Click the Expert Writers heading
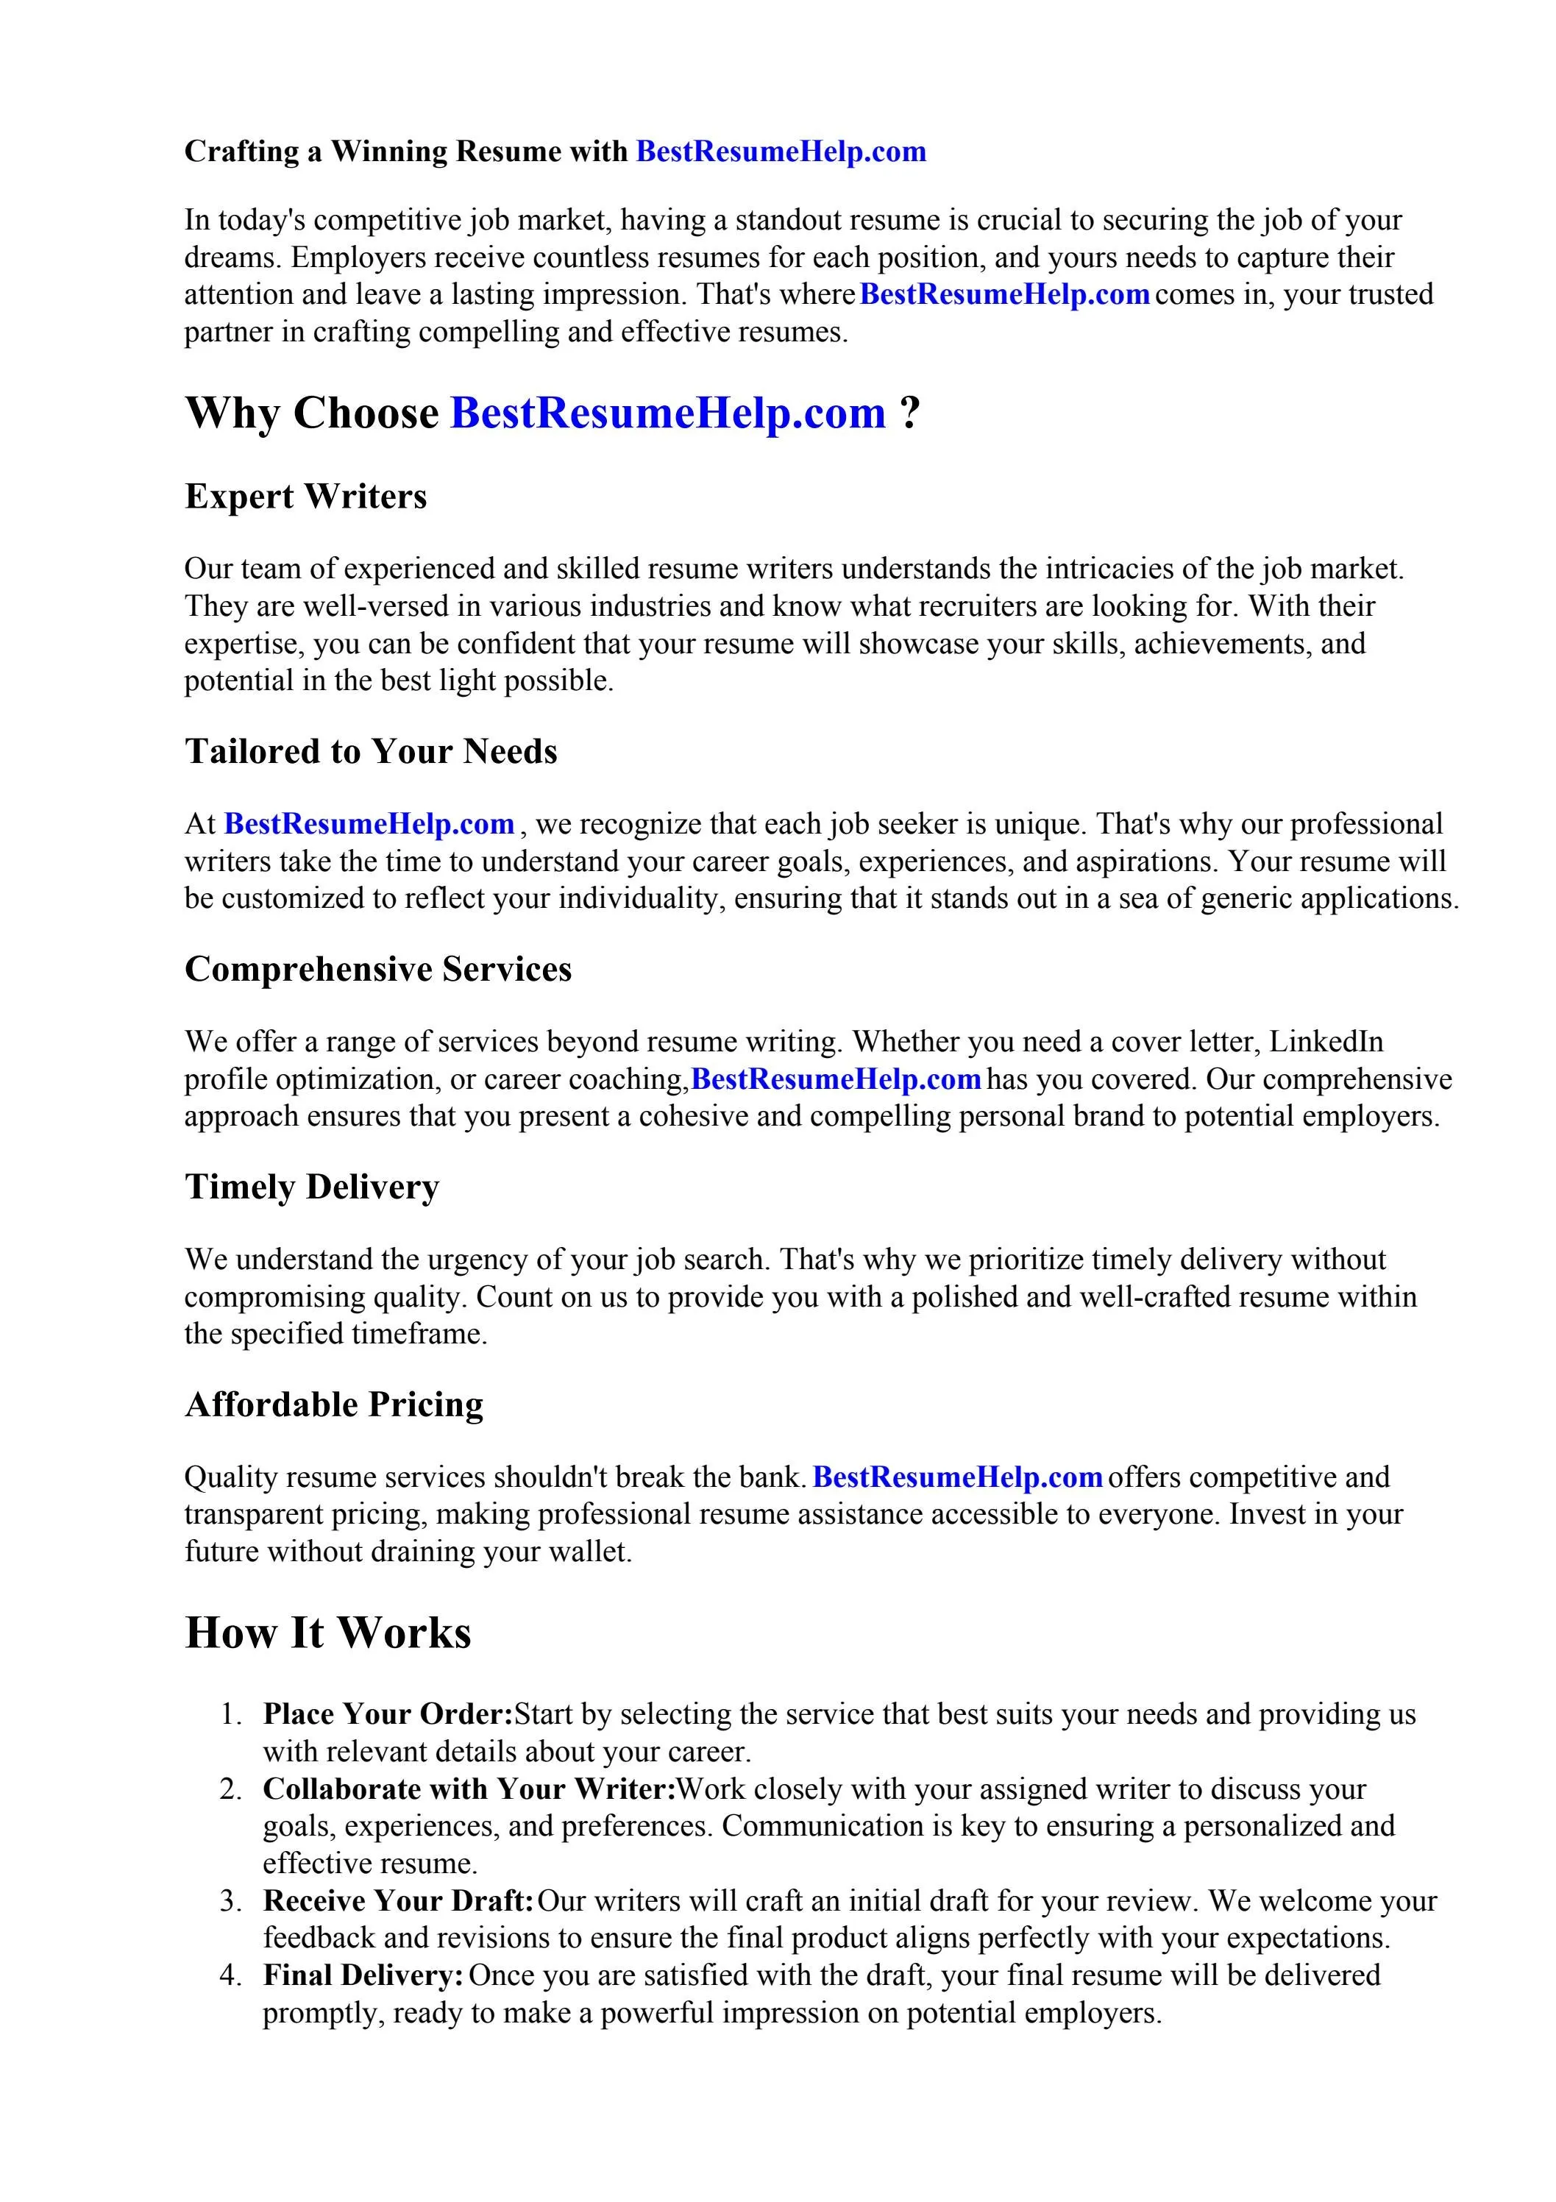coord(305,497)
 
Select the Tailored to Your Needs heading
coord(370,751)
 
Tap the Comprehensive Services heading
coord(378,969)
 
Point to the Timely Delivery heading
coord(312,1187)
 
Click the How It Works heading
coord(328,1633)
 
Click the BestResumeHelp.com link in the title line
coord(781,152)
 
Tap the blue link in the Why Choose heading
coord(668,413)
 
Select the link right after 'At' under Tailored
coord(369,824)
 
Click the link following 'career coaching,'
coord(836,1079)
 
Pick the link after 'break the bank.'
coord(957,1477)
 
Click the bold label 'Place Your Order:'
coord(388,1713)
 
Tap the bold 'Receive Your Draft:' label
coord(398,1901)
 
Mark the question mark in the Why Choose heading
coord(909,413)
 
